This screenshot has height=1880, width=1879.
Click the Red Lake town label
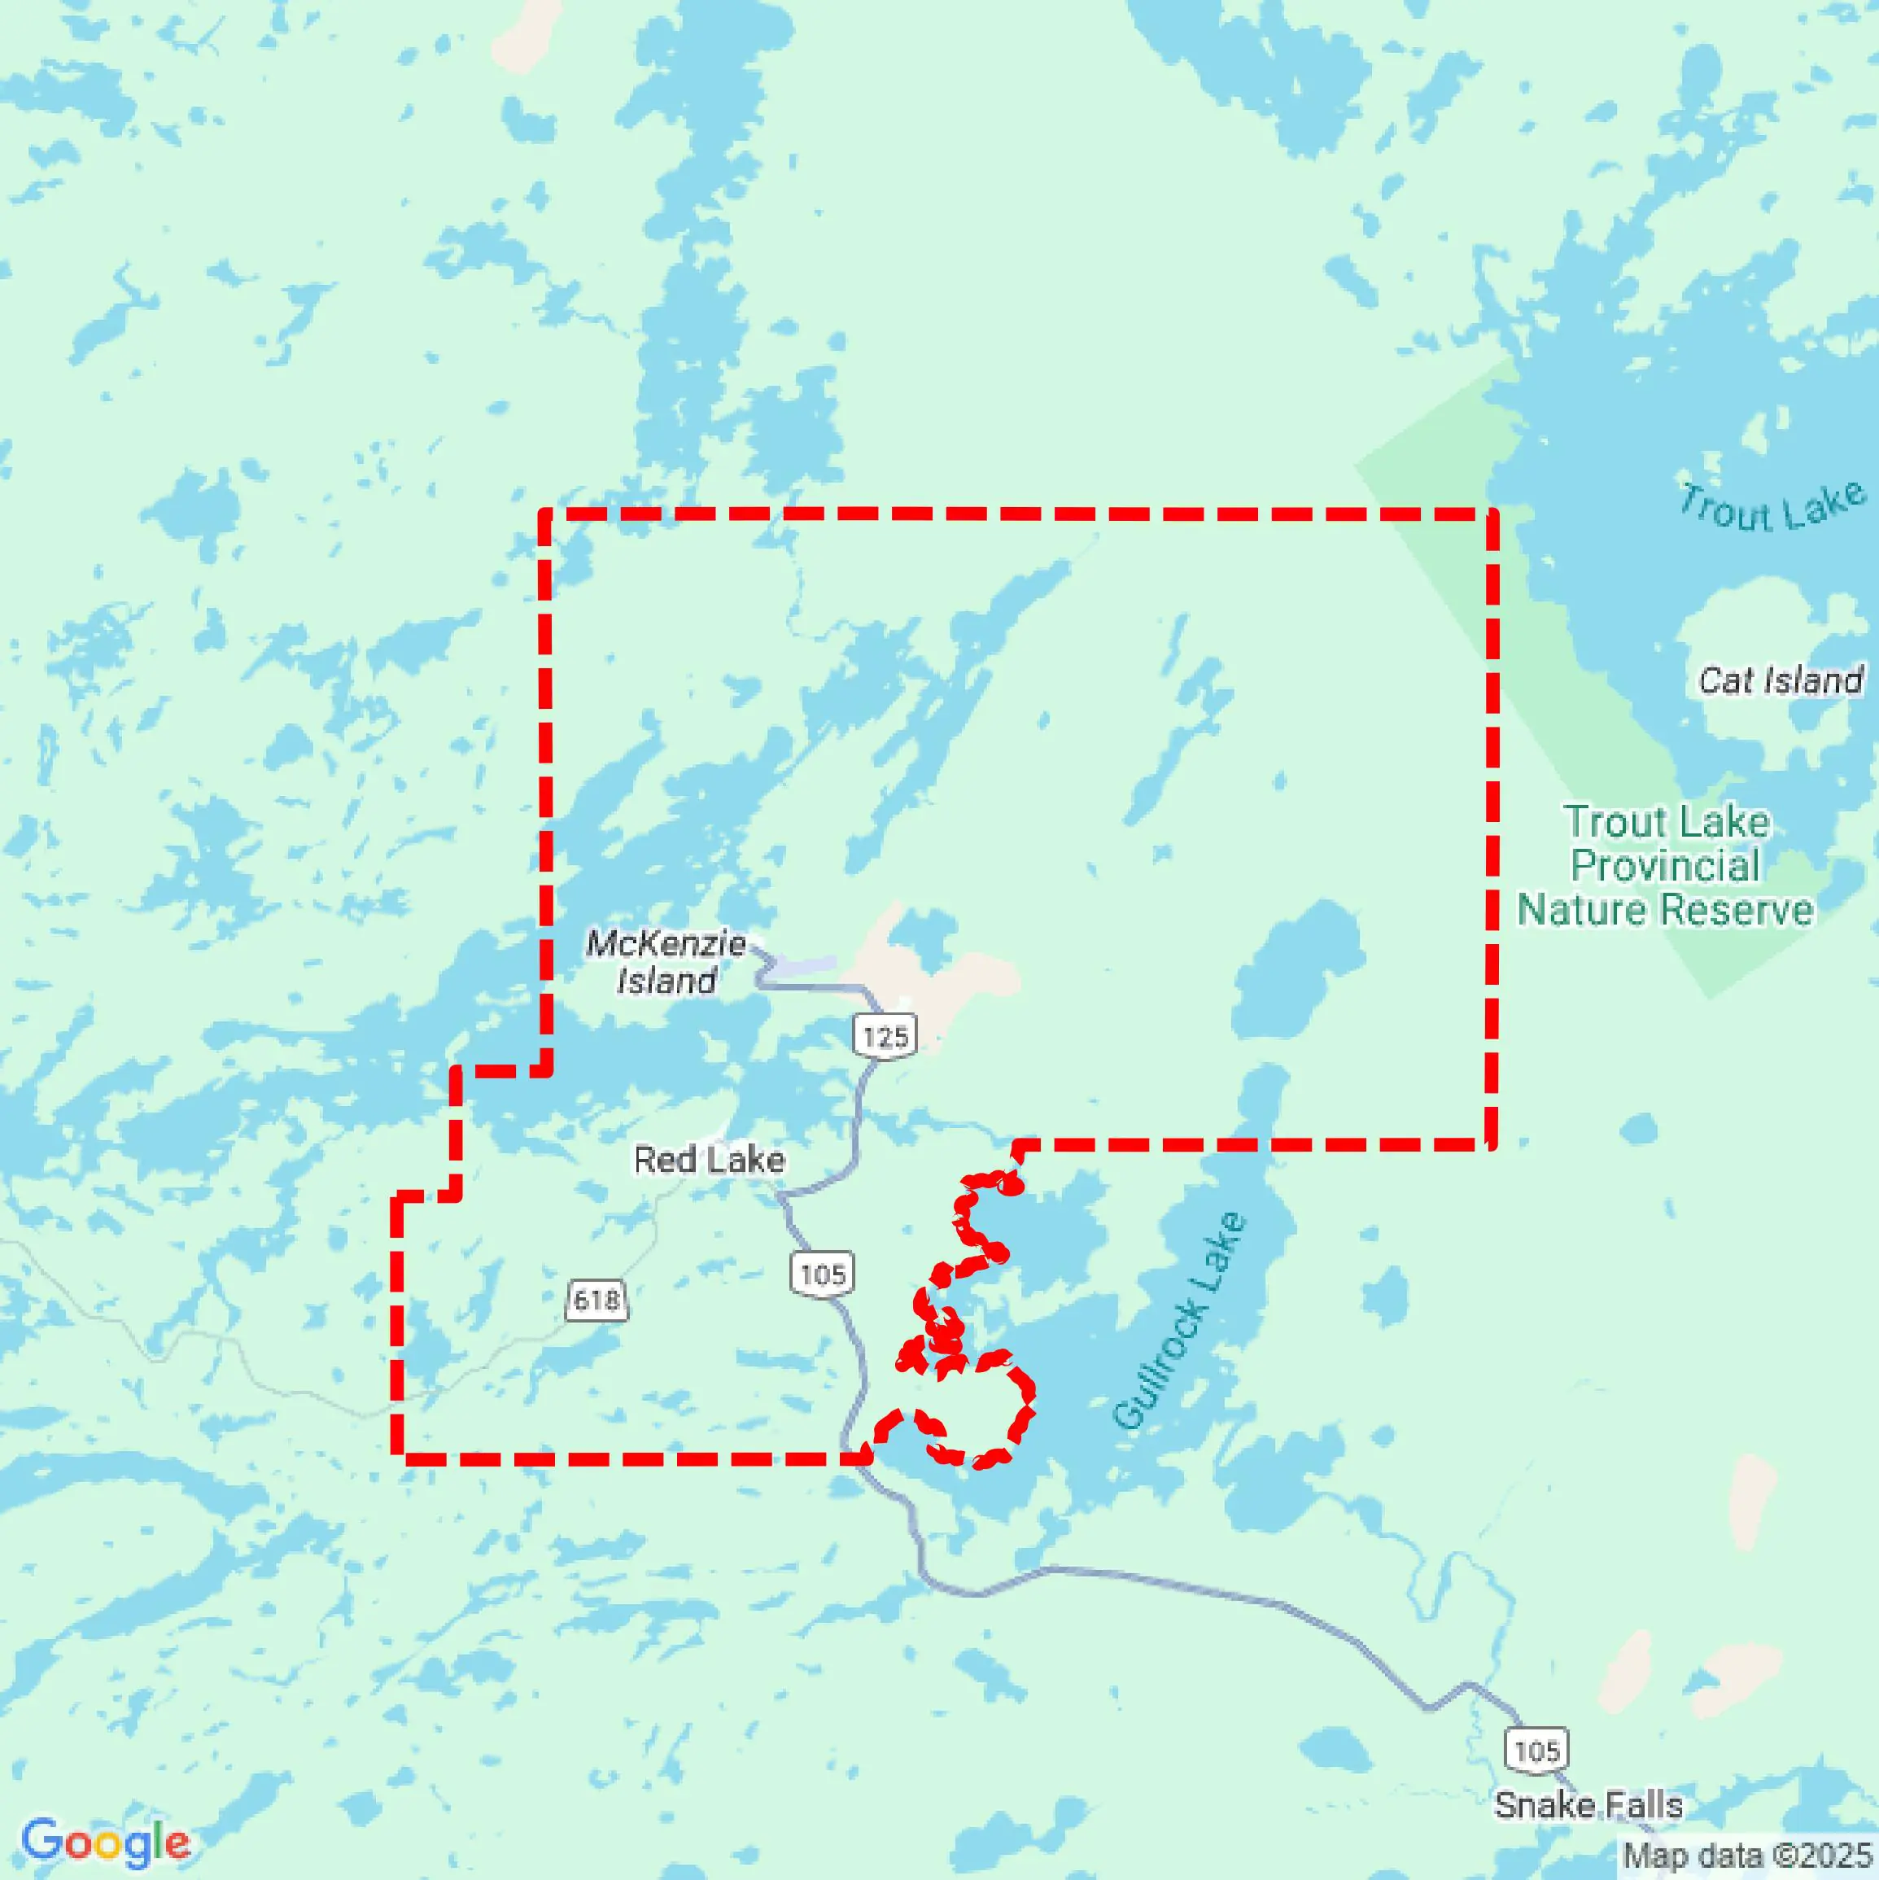pos(709,1160)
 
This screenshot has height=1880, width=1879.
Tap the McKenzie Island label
pos(666,961)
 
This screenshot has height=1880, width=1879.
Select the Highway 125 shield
pos(885,1035)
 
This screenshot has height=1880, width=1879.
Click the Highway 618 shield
pos(596,1300)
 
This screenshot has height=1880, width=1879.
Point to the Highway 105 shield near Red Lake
pos(822,1274)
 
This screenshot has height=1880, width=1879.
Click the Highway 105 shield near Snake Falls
pos(1536,1751)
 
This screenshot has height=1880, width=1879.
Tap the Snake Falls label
pos(1588,1806)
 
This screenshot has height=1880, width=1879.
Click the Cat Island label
pos(1781,680)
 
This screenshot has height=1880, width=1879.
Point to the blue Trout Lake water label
pos(1772,507)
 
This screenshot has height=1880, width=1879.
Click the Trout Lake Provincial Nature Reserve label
pos(1666,866)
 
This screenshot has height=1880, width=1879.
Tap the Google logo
pos(105,1842)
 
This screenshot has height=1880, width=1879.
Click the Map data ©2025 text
pos(1748,1856)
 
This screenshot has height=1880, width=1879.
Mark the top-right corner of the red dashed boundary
pos(1492,513)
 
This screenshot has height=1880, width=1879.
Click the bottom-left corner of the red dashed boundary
pos(398,1458)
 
